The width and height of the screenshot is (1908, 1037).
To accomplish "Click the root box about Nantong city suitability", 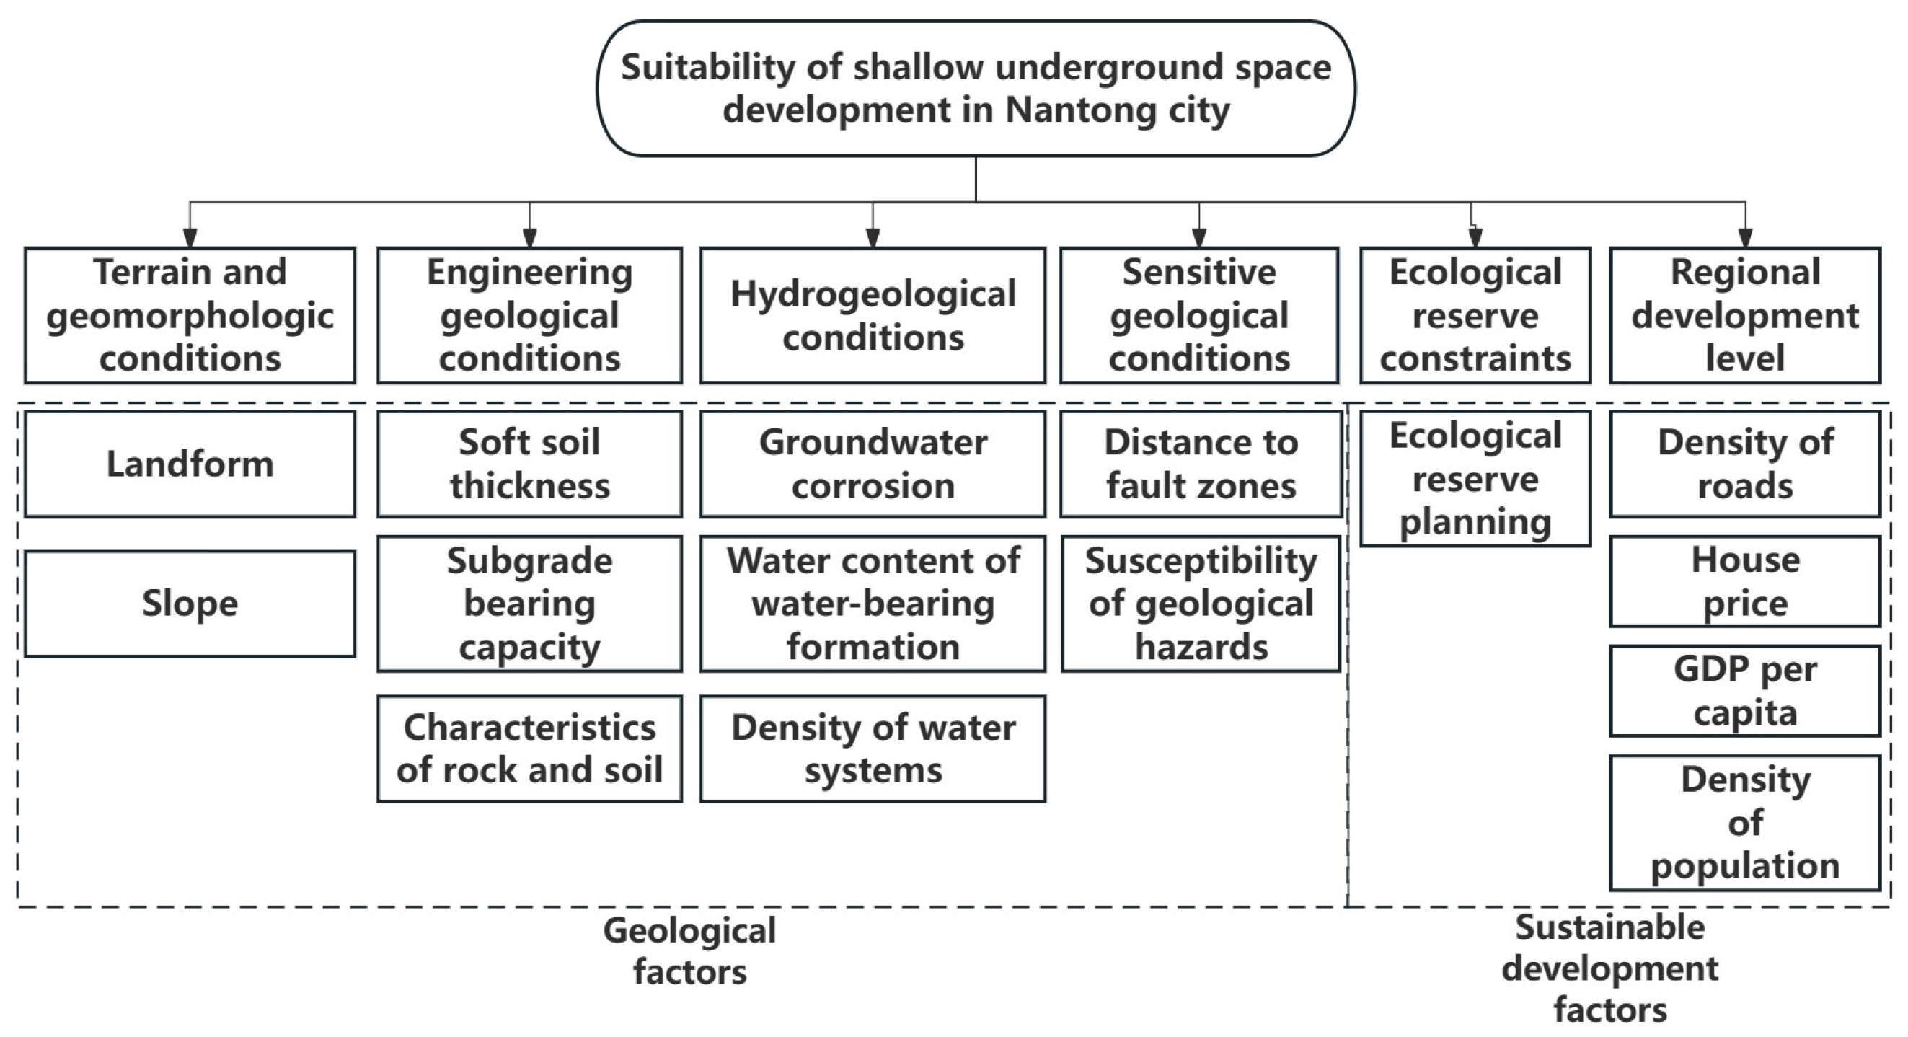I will coord(976,88).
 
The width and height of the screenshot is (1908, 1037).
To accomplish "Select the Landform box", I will coord(190,464).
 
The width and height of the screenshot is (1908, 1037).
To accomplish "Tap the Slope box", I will coord(190,603).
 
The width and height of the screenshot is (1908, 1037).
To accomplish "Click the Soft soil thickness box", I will coord(529,464).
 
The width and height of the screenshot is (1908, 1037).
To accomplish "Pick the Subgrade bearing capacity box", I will coord(529,604).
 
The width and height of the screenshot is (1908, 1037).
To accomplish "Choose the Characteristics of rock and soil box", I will coord(529,749).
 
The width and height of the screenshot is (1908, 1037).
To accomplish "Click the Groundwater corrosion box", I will coord(873,464).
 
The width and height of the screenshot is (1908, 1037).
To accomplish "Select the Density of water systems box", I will coord(873,749).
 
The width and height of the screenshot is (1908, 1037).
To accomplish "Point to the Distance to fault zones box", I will coord(1201,464).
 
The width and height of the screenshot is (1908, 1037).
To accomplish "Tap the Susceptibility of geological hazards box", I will coord(1201,604).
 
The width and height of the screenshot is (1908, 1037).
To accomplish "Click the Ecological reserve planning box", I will coord(1475,480).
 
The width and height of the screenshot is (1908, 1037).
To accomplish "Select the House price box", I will coord(1745,581).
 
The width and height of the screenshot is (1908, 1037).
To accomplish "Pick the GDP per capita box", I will coord(1745,691).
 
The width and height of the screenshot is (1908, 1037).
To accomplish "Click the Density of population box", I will coord(1745,823).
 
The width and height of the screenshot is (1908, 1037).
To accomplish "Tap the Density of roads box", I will coord(1745,464).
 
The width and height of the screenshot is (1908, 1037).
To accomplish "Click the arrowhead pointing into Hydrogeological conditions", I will coord(873,237).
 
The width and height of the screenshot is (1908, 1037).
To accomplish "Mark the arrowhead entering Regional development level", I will coord(1746,237).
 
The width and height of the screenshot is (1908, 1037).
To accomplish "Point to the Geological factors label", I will coord(689,951).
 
